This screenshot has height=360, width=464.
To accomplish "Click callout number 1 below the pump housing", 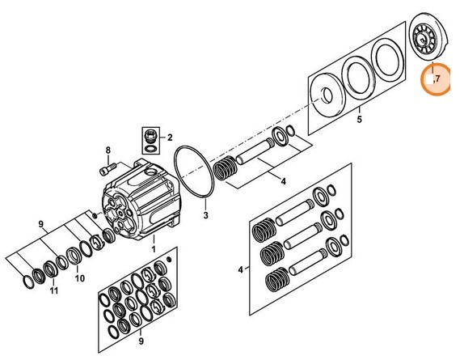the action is [154, 248].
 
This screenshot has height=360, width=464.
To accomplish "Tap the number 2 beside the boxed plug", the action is [170, 138].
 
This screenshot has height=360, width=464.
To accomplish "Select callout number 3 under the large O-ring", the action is [205, 215].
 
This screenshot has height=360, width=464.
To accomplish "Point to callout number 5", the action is [359, 120].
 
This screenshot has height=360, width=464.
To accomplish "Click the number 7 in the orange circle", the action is [438, 78].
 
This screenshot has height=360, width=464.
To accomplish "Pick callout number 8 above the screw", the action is [108, 150].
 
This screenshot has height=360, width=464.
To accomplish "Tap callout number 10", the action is [79, 278].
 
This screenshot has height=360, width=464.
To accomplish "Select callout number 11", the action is [53, 290].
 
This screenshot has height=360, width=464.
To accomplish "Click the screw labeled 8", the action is [108, 170].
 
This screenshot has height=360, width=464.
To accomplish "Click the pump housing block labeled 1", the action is [141, 199].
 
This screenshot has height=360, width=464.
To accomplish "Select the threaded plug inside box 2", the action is [150, 135].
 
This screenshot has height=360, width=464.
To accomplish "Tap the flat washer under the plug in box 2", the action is [150, 148].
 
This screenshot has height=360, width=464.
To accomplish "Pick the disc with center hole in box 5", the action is [327, 95].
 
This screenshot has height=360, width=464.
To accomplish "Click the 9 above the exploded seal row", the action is [41, 224].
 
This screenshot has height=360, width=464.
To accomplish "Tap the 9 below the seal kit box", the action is [141, 341].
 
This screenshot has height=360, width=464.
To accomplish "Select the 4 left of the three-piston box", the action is [240, 269].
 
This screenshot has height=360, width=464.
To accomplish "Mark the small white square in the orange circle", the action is [429, 79].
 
